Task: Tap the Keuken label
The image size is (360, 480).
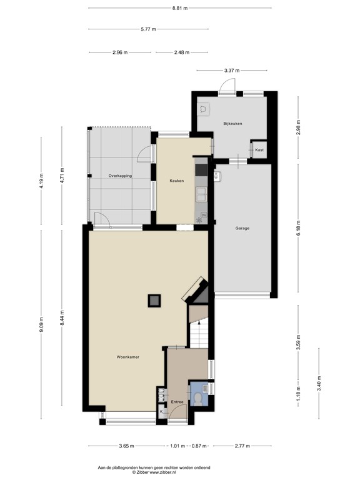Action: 176,181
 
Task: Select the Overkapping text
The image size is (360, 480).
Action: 120,176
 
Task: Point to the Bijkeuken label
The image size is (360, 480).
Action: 232,124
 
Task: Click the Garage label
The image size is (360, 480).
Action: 242,228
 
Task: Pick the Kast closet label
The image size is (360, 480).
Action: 259,151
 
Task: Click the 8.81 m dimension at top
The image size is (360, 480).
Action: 180,7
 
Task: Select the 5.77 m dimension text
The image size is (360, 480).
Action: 148,29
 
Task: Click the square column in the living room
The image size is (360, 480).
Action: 154,301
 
